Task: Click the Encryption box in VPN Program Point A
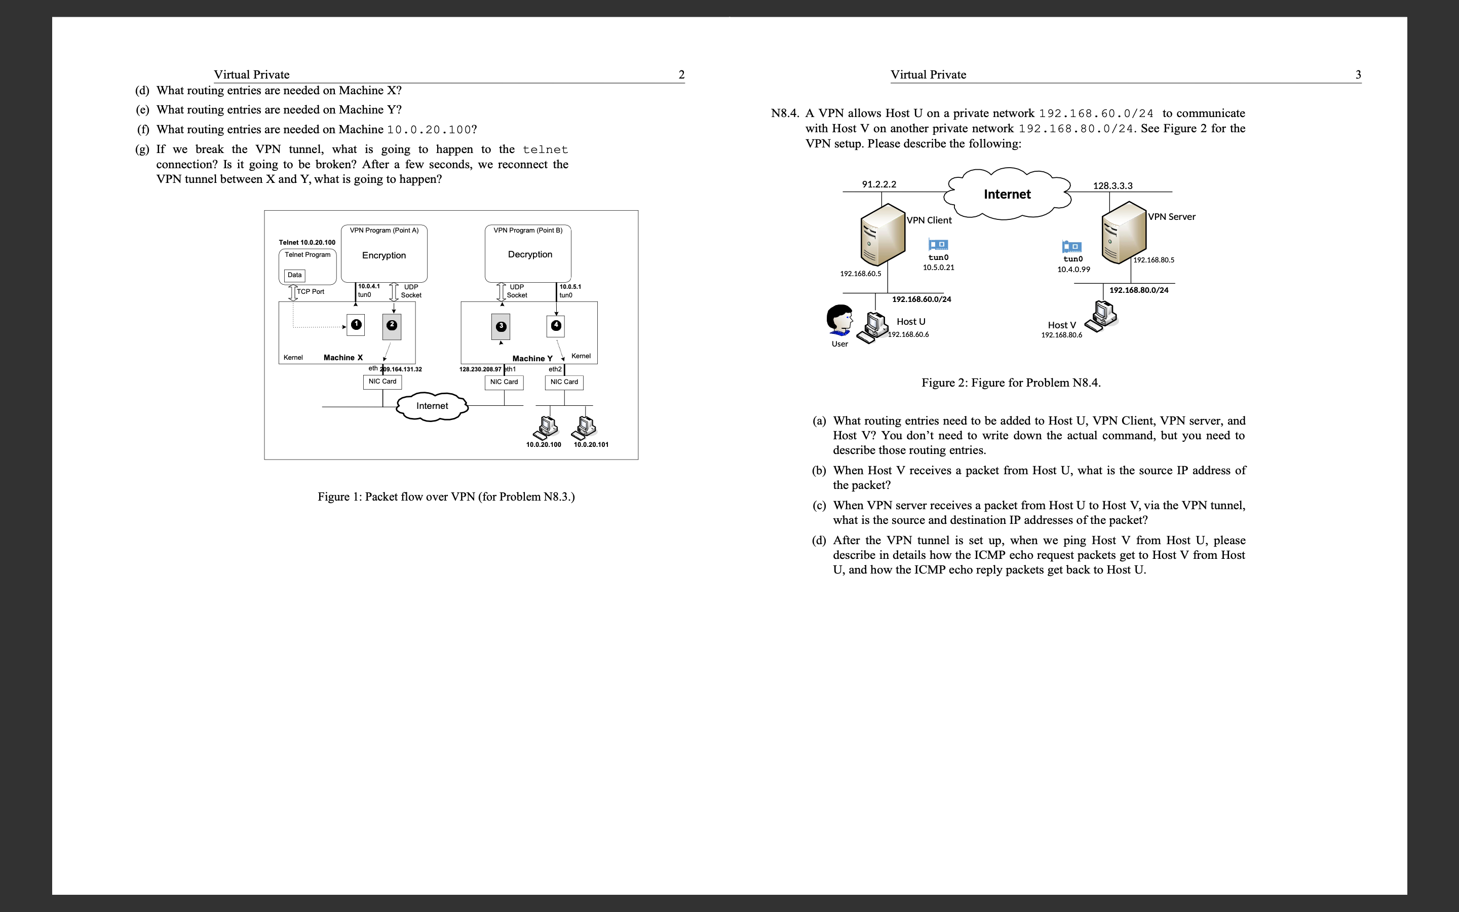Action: coord(384,255)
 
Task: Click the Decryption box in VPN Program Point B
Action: coord(529,254)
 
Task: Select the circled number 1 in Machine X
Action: coord(356,324)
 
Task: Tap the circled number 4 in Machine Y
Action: coord(556,326)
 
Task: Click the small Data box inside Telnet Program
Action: coord(294,275)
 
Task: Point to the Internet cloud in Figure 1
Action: coord(432,406)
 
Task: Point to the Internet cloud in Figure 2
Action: coord(1007,194)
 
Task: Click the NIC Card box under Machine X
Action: coord(382,381)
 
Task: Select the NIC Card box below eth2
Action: coord(564,382)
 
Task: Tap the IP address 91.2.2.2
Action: coord(878,184)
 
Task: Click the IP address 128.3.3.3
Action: coord(1112,186)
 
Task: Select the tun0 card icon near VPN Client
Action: coord(938,244)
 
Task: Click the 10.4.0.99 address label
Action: coord(1073,269)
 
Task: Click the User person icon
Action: coord(839,320)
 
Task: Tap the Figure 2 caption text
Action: coord(1011,383)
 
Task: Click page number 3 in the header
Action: coord(1358,75)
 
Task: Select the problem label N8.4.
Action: coord(784,113)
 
